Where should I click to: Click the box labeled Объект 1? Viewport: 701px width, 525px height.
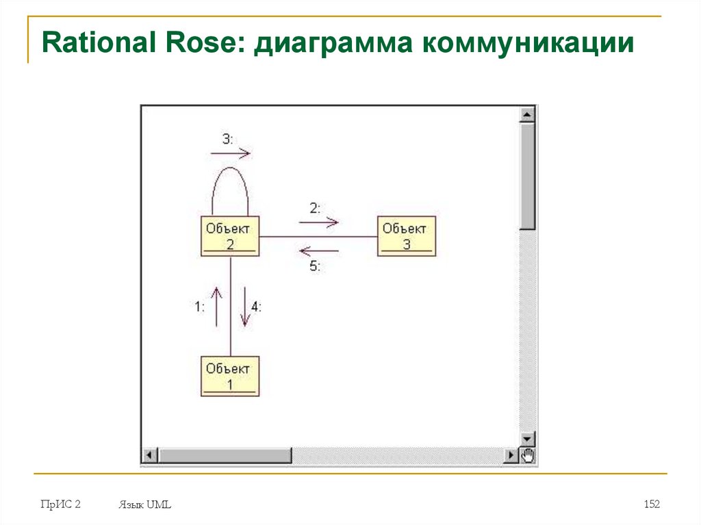point(230,376)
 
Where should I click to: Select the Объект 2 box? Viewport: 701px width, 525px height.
point(230,236)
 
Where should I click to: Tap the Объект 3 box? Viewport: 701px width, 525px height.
point(407,236)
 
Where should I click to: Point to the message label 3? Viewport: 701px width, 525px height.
point(227,139)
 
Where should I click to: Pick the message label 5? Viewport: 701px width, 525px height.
point(315,267)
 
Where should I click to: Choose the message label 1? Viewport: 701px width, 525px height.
point(199,307)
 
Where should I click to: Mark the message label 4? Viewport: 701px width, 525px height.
point(256,307)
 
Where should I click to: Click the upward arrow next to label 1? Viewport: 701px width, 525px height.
point(217,306)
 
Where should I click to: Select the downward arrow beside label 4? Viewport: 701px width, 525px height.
point(244,307)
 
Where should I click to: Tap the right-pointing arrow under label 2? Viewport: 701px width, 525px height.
point(319,222)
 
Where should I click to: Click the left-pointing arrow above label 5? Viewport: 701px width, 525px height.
point(319,251)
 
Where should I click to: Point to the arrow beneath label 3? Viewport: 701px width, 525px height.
point(231,154)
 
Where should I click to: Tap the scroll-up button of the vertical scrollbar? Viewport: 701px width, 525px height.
point(527,114)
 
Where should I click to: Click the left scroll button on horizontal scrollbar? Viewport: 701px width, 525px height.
point(149,455)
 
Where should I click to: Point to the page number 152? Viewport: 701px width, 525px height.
point(652,504)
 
